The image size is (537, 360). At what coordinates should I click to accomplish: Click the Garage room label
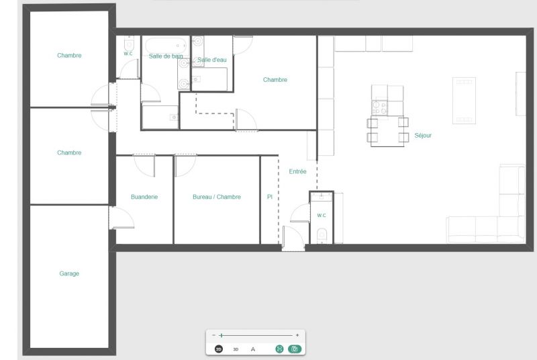(69, 273)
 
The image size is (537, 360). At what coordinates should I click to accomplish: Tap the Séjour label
(423, 135)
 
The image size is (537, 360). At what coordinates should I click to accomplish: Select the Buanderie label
(144, 197)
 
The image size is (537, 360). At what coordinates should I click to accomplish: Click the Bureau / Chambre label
(216, 197)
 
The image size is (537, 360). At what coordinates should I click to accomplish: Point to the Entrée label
(297, 171)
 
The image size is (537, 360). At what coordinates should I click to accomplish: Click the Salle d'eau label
(212, 60)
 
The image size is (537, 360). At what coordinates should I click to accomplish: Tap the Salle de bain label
(166, 56)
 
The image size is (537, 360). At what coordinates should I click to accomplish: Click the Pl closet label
(270, 197)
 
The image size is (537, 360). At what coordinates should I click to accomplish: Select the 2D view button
(219, 349)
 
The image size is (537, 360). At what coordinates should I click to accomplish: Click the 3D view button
(236, 349)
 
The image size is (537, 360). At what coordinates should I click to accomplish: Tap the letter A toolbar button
(253, 349)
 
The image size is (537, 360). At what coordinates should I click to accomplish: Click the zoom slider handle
(222, 335)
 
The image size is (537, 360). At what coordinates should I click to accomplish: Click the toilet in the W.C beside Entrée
(322, 236)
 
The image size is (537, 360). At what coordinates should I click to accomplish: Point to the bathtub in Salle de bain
(166, 46)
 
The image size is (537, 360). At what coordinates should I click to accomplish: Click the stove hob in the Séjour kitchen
(379, 107)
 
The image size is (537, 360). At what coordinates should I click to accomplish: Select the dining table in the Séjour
(387, 132)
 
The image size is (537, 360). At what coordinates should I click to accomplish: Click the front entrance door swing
(293, 237)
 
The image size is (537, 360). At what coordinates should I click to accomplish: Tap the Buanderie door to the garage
(121, 218)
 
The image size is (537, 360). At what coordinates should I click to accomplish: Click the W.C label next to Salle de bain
(128, 54)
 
